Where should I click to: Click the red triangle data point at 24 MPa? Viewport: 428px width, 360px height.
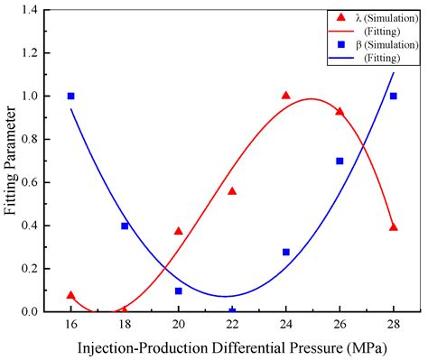point(286,95)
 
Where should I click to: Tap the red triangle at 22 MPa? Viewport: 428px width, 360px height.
point(232,190)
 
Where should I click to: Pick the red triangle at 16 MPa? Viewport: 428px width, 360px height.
point(70,295)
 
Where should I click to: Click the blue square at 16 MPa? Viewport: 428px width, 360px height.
point(70,96)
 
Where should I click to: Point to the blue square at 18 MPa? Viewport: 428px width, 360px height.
point(125,226)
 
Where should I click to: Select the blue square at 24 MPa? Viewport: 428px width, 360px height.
point(286,252)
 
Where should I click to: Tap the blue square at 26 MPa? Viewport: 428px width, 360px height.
point(340,161)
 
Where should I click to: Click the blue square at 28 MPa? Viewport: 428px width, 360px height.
point(394,96)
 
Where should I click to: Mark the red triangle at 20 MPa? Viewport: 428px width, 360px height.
point(179,231)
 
